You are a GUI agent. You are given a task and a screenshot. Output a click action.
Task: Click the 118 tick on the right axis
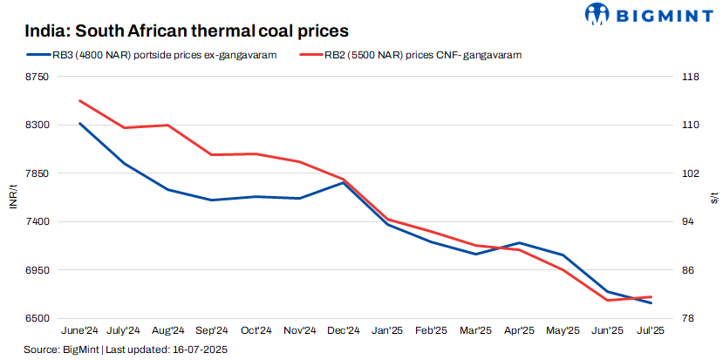689,78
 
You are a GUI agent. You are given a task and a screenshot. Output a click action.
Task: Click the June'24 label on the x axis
79,331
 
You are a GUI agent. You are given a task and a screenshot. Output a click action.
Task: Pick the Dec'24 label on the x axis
344,331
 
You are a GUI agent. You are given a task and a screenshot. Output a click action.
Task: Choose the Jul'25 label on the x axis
651,331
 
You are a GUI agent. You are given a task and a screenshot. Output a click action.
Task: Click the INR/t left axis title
11,198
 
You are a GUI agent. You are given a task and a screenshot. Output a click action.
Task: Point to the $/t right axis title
714,198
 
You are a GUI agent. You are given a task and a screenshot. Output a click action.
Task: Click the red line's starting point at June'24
80,100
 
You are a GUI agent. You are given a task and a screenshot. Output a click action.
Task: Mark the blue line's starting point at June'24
80,123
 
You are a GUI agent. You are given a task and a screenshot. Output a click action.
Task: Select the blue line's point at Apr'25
520,243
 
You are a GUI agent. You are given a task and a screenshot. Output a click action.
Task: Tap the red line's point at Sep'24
212,155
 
